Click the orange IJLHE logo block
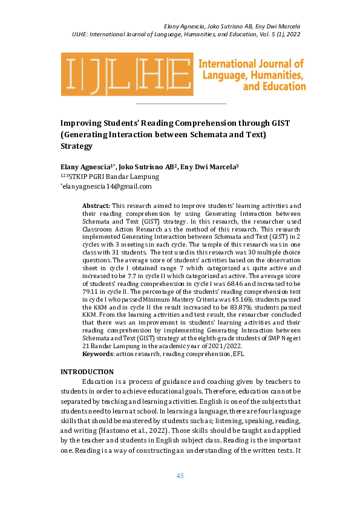pyautogui.click(x=126, y=74)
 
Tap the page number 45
pyautogui.click(x=180, y=476)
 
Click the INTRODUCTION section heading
pyautogui.click(x=87, y=355)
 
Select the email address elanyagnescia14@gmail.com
pyautogui.click(x=107, y=186)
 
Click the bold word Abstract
pyautogui.click(x=96, y=206)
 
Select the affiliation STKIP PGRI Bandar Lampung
pyautogui.click(x=116, y=177)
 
